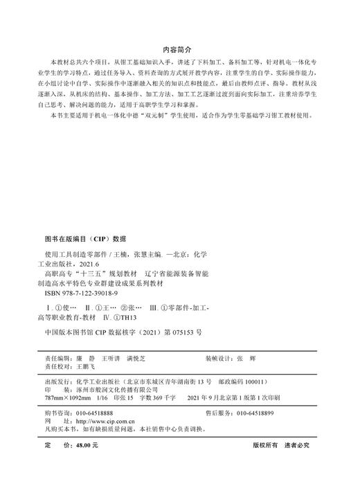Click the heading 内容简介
pos(179,50)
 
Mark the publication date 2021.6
pos(99,264)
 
